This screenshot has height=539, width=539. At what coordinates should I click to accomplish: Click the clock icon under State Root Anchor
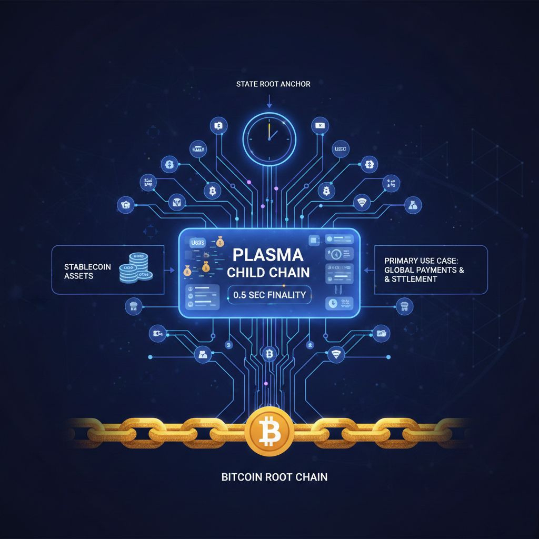tap(269, 134)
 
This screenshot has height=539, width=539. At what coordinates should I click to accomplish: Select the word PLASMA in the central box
tap(268, 255)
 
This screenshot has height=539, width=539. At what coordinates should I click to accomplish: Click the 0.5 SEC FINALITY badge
tap(269, 295)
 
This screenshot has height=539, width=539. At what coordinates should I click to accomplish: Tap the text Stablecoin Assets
tap(87, 271)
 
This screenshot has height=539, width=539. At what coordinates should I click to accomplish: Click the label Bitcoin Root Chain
tap(274, 477)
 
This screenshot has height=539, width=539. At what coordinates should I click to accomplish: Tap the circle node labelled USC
tap(342, 150)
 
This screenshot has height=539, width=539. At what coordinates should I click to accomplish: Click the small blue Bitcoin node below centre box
tap(269, 354)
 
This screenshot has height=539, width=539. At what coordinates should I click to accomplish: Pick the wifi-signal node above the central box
tap(362, 202)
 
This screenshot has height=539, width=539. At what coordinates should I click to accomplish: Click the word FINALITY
tap(286, 295)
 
